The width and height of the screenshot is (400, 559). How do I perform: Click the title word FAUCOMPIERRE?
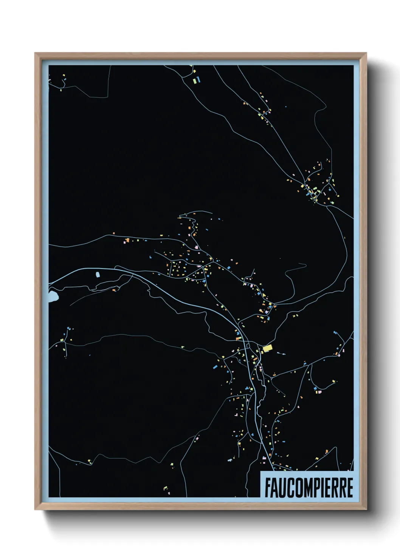coord(309,488)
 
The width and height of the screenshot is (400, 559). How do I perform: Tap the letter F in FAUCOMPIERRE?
coord(268,488)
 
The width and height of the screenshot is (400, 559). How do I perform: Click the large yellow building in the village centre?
coord(268,348)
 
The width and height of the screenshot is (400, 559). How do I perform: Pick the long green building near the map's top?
coord(194,80)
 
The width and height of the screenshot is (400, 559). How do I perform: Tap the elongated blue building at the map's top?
coord(198,79)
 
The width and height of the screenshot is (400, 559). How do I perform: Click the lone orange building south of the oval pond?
coord(114,290)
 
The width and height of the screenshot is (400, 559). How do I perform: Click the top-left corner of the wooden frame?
coord(35,53)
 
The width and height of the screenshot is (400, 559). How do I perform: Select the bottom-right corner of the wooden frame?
coord(366,510)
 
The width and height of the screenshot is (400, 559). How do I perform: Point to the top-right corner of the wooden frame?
coord(366,53)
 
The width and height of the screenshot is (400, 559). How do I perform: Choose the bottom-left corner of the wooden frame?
coord(35,510)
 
